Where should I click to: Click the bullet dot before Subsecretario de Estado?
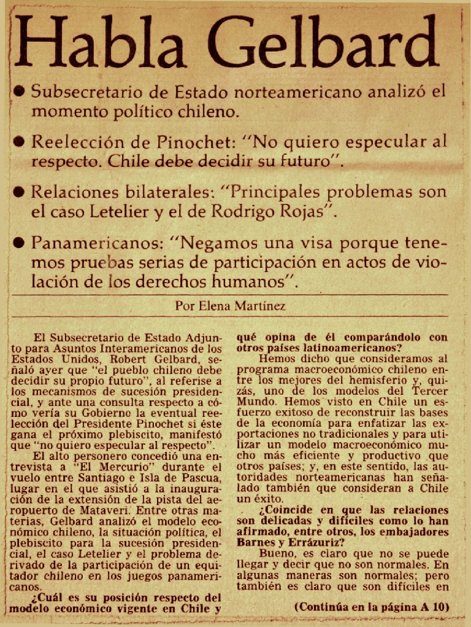coord(19,92)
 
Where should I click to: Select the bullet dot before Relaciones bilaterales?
coord(19,192)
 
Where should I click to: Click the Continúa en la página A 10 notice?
coord(372,607)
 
